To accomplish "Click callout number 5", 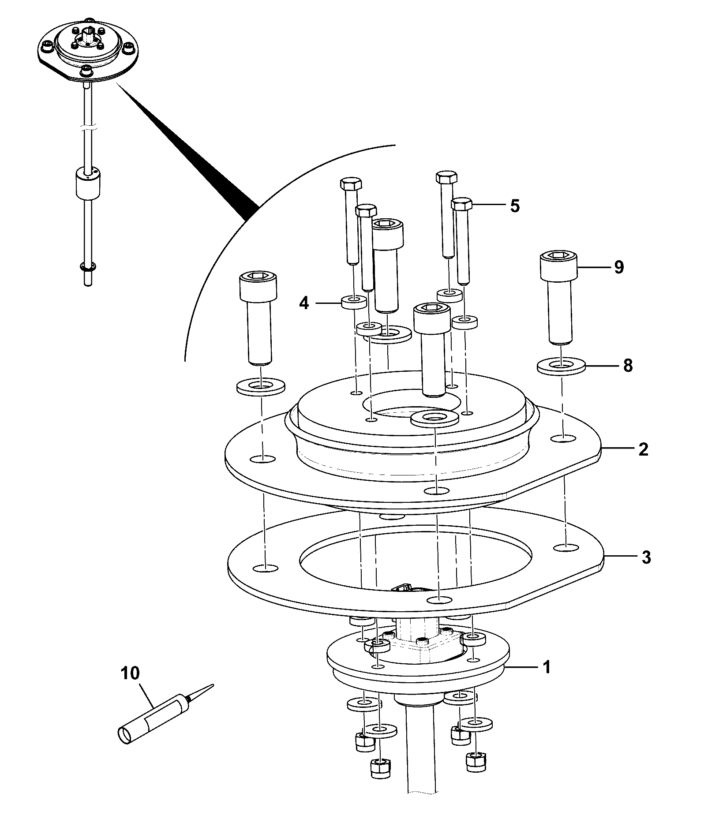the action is [515, 206].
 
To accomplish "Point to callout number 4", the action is [304, 303].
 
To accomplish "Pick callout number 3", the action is [645, 557].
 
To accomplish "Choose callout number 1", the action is [547, 680].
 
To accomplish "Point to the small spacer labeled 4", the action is [354, 302].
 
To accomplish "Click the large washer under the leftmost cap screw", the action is [260, 387].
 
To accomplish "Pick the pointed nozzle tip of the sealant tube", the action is [213, 685].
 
